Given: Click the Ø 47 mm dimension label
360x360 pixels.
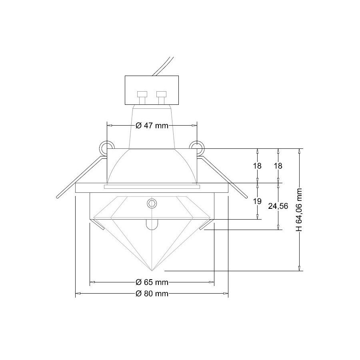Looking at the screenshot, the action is point(152,126).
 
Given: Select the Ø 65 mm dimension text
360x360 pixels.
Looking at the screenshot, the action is point(152,282).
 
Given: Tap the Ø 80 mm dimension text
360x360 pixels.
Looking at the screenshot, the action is point(152,294).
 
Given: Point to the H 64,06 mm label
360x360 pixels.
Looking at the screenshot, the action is point(299,210).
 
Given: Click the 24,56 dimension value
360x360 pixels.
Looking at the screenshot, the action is point(278,206).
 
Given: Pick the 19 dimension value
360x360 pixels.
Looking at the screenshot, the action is point(257,201).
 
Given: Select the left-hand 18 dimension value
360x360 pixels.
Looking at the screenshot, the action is point(257,166).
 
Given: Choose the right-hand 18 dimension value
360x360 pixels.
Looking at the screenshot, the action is point(278,166).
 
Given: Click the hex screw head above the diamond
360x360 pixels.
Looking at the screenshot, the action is point(152,203).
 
